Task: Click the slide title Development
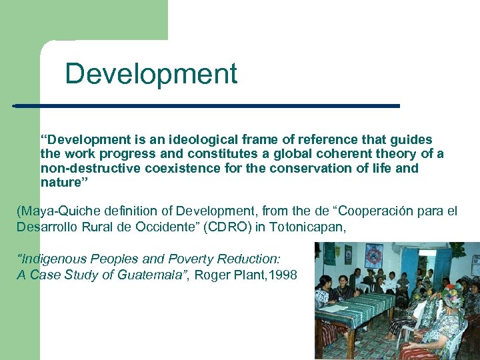(151, 73)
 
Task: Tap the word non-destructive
(84, 168)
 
